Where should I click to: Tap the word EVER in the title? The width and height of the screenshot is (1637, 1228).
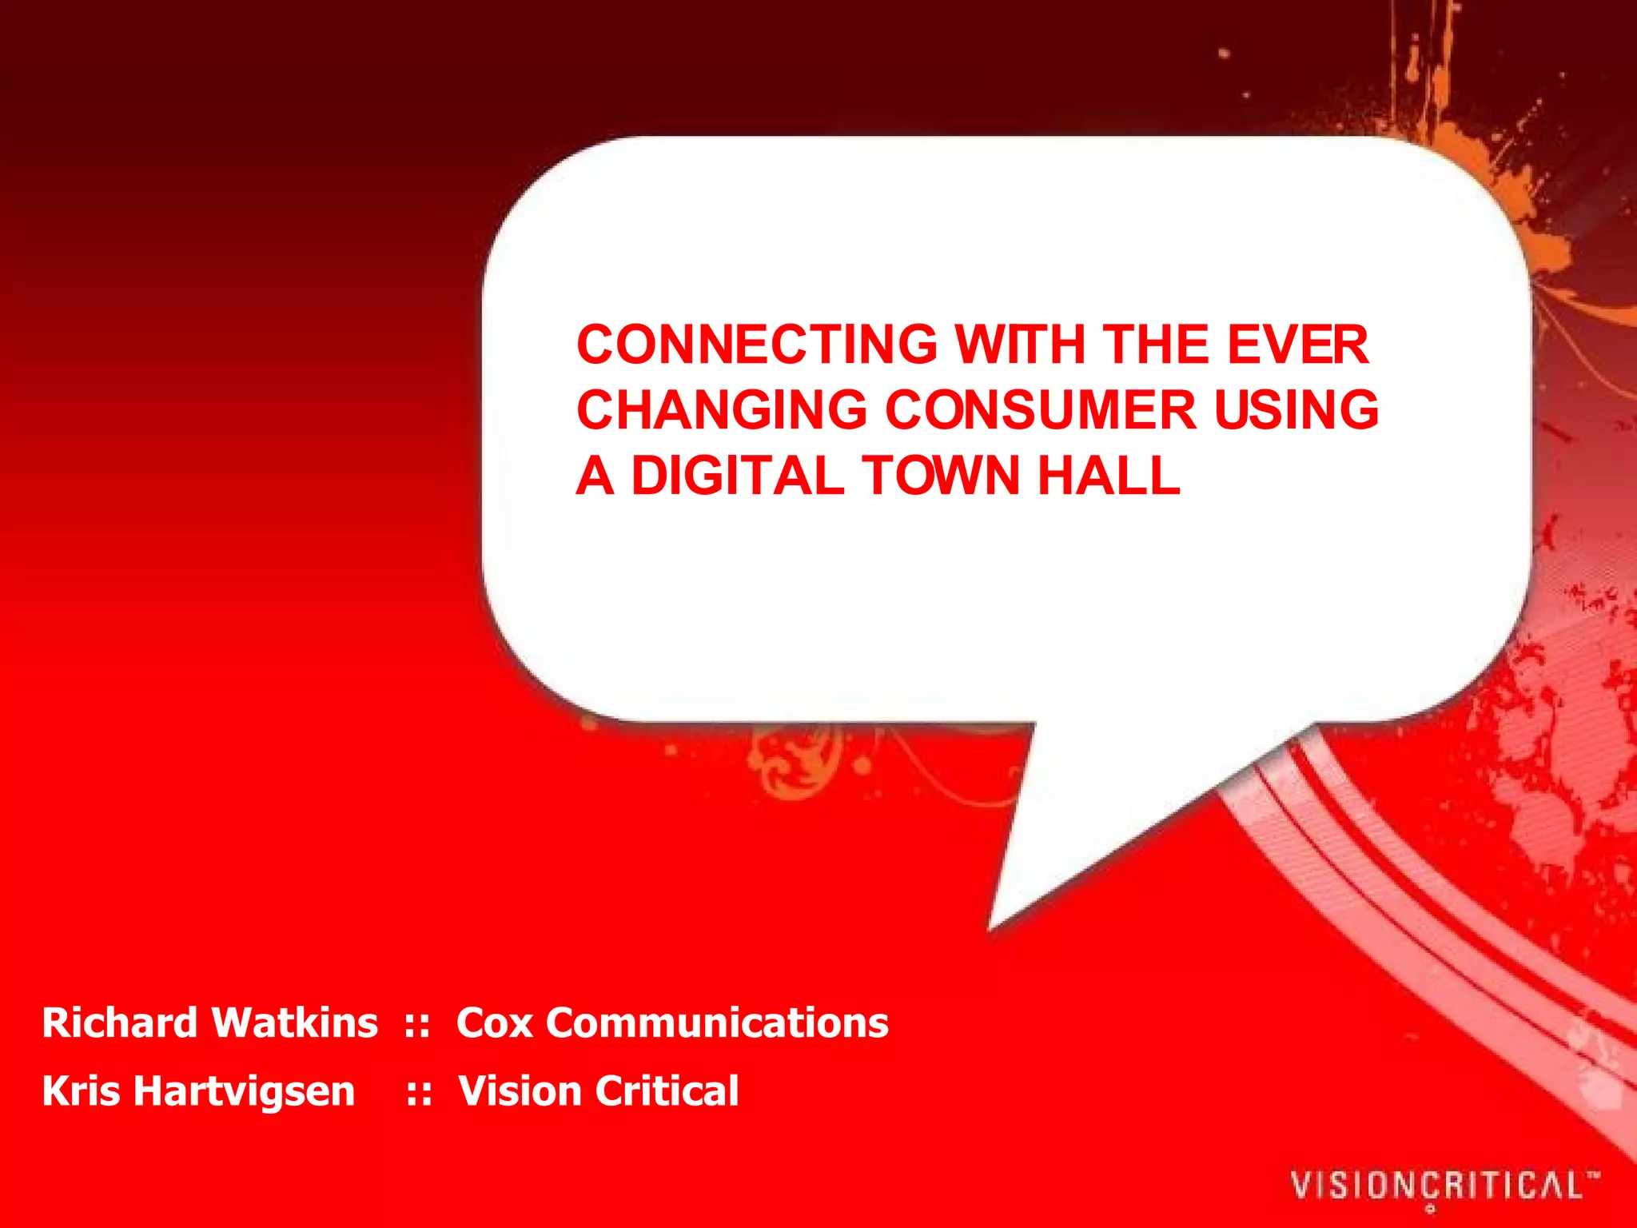(x=1297, y=345)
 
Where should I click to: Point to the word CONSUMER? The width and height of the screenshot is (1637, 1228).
(x=1040, y=410)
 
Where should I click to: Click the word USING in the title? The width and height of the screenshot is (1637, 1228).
(x=1296, y=410)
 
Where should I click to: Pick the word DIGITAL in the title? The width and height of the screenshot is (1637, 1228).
(x=737, y=476)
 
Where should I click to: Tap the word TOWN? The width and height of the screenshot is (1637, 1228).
(x=941, y=476)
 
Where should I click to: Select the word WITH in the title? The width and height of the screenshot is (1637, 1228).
(x=1020, y=345)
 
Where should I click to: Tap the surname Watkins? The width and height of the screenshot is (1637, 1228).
(x=295, y=1023)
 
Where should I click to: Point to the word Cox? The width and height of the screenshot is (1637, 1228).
(x=494, y=1023)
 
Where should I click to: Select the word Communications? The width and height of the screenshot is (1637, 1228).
(x=717, y=1023)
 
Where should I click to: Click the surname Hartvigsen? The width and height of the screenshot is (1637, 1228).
(x=244, y=1092)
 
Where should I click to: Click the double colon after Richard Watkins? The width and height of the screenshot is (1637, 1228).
(x=417, y=1024)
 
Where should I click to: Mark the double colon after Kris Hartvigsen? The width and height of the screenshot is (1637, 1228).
(x=420, y=1092)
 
